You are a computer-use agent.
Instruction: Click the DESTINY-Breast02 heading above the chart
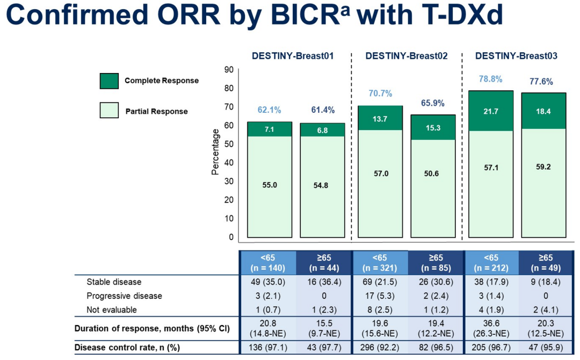406,56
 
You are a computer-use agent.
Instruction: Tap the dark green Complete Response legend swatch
110,81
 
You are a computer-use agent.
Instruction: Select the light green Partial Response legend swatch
110,111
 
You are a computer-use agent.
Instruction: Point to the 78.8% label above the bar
490,80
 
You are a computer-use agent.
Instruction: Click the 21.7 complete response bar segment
490,111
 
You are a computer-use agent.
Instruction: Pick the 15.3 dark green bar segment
433,127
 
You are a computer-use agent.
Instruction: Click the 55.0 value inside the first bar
270,185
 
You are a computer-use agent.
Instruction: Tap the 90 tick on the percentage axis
229,69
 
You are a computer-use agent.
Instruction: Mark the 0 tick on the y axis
231,236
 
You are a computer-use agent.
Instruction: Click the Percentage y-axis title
215,152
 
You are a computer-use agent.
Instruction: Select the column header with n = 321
379,263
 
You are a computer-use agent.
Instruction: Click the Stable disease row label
114,282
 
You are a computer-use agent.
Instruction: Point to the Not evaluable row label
112,309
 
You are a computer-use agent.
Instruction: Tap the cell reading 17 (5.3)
379,296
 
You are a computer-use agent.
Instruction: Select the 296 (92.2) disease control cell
379,348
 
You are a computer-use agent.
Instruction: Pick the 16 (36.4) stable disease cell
322,282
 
